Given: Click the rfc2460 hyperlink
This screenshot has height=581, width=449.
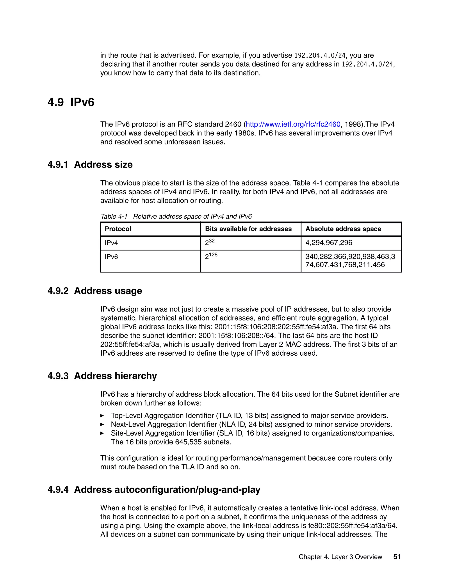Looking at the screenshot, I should click(293, 124).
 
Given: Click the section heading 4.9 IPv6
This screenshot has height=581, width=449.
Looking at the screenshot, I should click(71, 102).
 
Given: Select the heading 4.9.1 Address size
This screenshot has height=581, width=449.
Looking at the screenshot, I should click(90, 164).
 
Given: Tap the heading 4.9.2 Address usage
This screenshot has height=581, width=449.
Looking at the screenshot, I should click(95, 290).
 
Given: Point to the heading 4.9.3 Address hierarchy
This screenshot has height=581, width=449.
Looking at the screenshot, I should click(102, 376).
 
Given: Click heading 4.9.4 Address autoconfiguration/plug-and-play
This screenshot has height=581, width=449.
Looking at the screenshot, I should click(154, 490).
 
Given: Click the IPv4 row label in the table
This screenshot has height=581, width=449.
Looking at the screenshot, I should click(111, 243).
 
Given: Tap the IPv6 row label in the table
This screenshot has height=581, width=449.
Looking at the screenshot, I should click(111, 257).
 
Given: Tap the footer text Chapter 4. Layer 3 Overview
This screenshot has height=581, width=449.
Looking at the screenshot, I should click(340, 557).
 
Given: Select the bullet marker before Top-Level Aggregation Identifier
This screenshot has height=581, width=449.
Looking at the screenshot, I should click(102, 415).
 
